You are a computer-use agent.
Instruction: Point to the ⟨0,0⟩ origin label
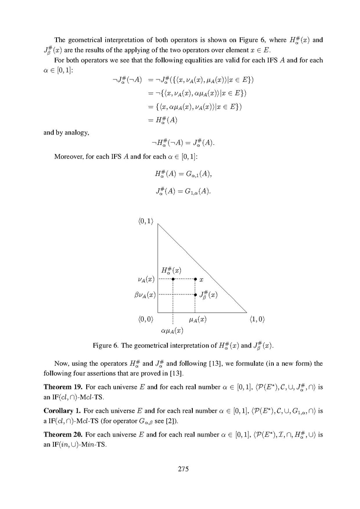[x=145, y=319]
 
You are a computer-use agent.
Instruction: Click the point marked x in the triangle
[x=195, y=279]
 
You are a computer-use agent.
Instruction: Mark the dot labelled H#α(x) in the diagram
[x=173, y=279]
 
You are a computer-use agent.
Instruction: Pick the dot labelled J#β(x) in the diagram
[x=195, y=294]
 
